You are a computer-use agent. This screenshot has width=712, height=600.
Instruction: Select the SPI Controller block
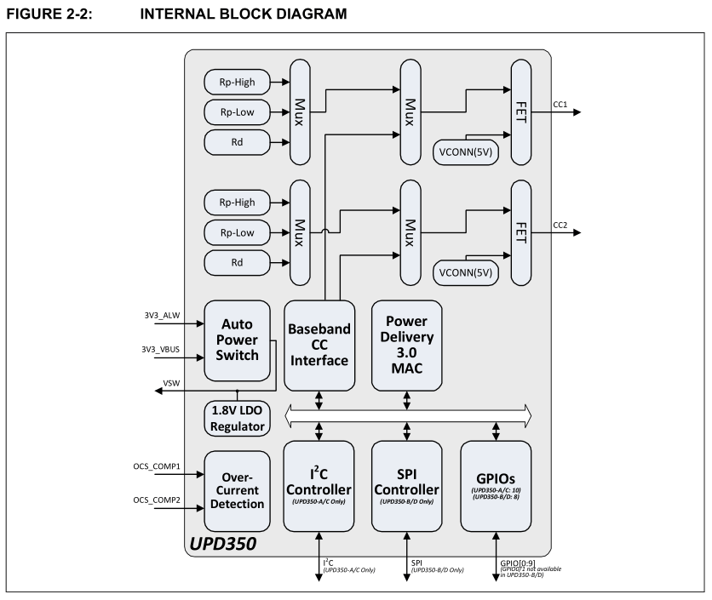coord(406,482)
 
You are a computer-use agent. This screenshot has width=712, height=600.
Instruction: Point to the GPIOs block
coord(495,482)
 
